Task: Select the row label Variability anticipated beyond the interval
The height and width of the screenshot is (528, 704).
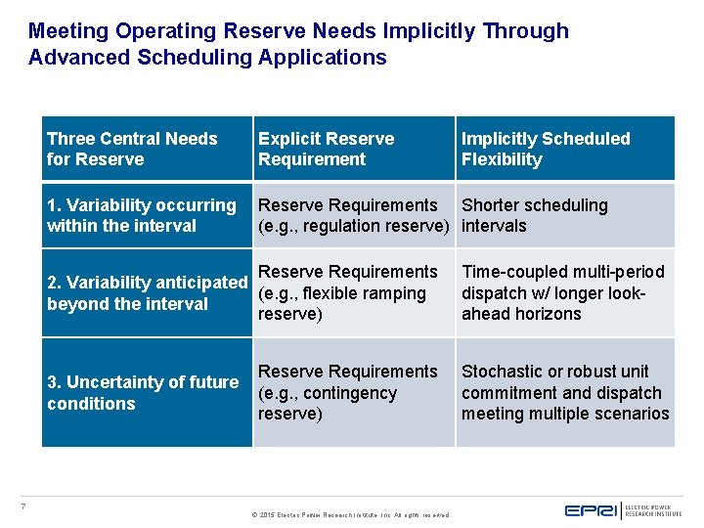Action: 147,292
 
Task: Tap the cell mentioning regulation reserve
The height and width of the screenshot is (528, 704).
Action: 353,215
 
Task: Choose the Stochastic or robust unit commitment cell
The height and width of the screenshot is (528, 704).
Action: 565,392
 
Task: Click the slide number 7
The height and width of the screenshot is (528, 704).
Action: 23,506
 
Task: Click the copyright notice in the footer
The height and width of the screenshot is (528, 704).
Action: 350,514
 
